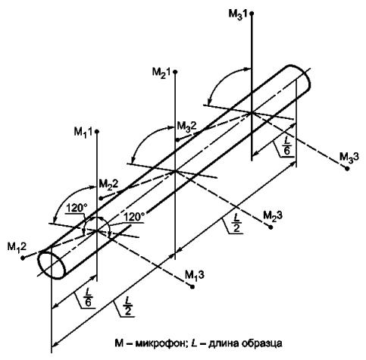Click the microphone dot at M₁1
click(97, 131)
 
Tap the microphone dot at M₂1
click(175, 72)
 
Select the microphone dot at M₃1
click(252, 13)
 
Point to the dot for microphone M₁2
click(23, 258)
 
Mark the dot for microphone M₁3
click(192, 286)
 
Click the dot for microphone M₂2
click(101, 199)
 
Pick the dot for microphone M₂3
click(271, 227)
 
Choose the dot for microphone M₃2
click(177, 139)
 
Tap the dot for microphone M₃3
click(347, 168)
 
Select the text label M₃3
click(349, 157)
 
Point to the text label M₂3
click(273, 216)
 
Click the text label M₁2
click(17, 247)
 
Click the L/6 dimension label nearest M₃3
click(287, 149)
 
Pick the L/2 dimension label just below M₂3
click(236, 223)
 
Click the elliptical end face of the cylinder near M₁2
click(51, 265)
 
